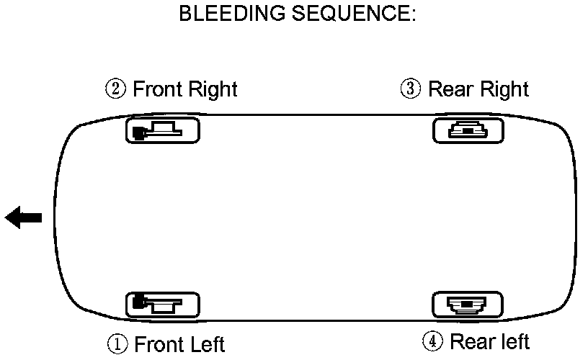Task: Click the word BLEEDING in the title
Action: (x=226, y=14)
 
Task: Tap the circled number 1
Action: (x=118, y=344)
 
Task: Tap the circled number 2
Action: (x=117, y=89)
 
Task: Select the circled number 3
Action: (x=411, y=89)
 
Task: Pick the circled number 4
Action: (x=433, y=342)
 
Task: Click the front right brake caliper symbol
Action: (x=163, y=131)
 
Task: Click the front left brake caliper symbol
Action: (x=163, y=305)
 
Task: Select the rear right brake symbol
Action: (x=468, y=130)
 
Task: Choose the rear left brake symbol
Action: (x=468, y=305)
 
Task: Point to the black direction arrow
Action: (x=24, y=217)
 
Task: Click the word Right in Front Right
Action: (x=212, y=90)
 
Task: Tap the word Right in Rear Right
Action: (x=503, y=90)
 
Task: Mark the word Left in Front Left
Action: (x=207, y=344)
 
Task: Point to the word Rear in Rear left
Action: (x=471, y=341)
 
